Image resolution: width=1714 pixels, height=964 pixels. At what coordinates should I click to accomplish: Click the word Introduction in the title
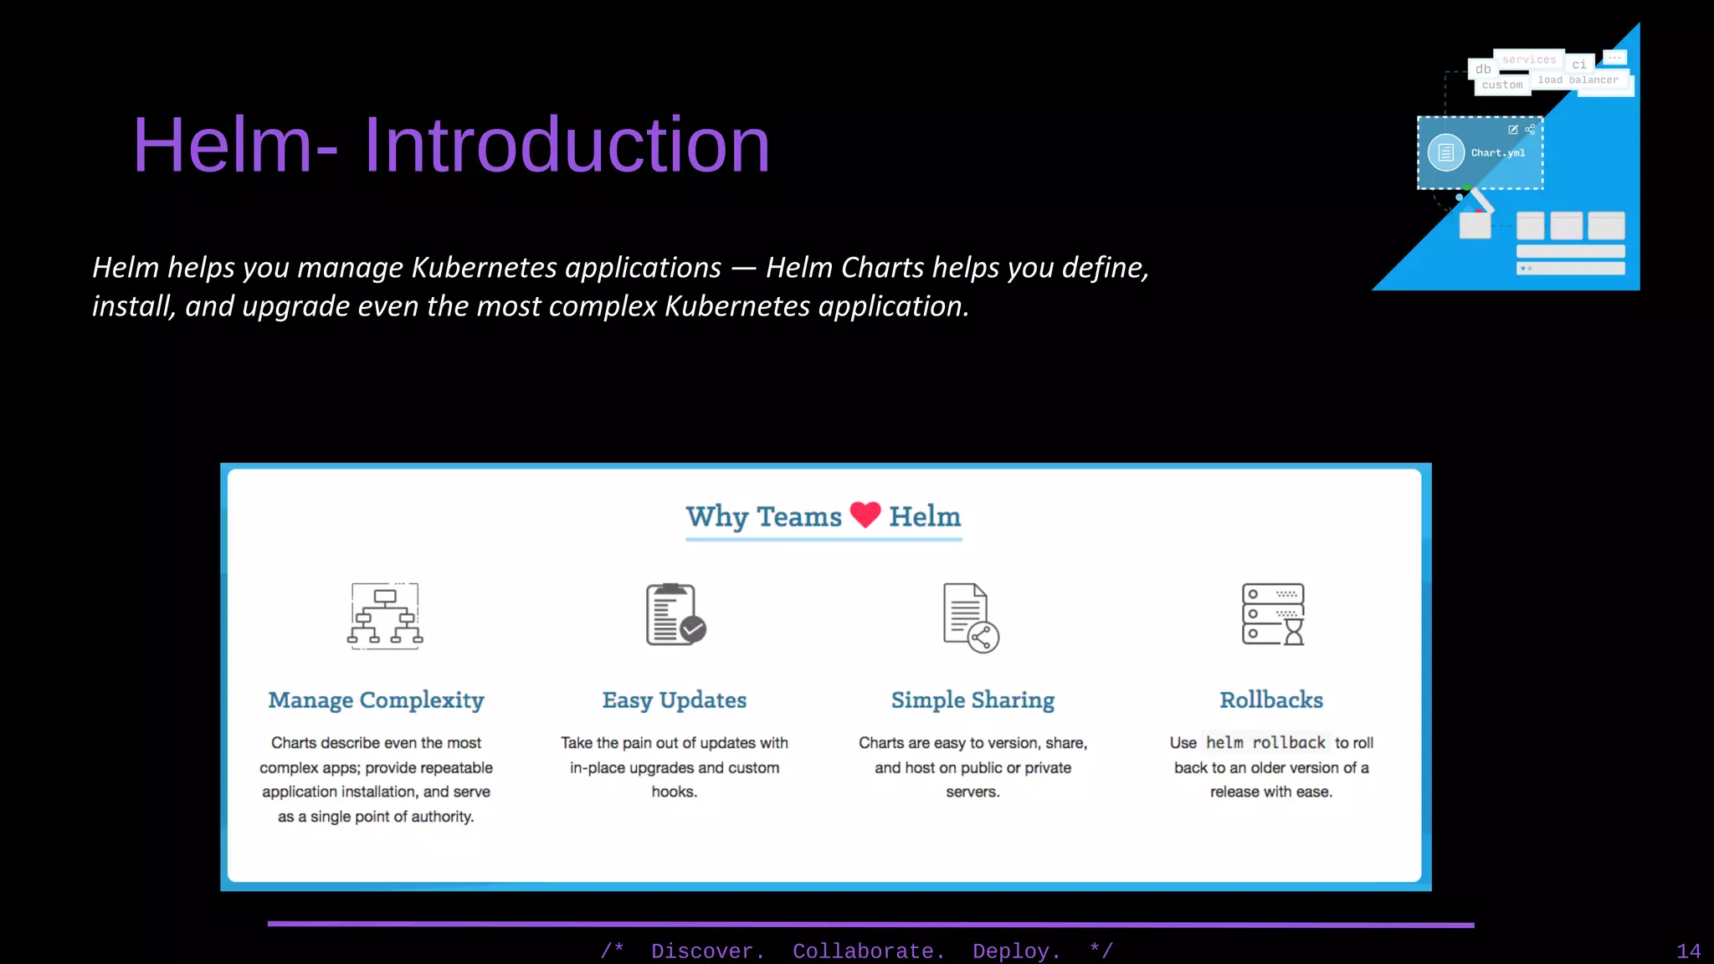pos(566,145)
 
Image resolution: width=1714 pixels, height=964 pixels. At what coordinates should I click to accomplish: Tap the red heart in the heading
pos(865,514)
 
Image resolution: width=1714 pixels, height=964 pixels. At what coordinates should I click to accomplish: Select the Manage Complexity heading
pos(376,700)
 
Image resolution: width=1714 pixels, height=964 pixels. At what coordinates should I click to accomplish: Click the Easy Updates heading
pos(675,700)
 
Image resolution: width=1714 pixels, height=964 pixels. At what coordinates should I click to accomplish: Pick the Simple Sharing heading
pos(972,700)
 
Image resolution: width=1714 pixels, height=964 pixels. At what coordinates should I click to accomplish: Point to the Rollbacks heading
pos(1270,700)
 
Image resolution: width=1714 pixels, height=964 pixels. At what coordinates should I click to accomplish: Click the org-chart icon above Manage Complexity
pos(385,616)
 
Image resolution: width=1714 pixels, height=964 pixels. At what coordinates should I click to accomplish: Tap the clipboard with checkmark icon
pos(675,614)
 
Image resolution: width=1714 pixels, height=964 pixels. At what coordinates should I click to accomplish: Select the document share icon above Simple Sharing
pos(971,618)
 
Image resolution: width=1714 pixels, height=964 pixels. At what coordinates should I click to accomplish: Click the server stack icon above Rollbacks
pos(1273,614)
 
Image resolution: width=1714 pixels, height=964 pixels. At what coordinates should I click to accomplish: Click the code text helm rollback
pos(1265,742)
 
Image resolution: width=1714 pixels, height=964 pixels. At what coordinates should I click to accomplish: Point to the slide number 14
pos(1688,951)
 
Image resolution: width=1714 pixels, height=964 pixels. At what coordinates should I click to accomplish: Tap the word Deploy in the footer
pos(1015,951)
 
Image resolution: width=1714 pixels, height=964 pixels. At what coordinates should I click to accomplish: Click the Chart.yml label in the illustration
pos(1498,153)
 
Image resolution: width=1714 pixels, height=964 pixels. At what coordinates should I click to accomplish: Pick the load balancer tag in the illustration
pos(1578,80)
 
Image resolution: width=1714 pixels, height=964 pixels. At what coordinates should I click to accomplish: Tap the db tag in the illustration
pos(1483,69)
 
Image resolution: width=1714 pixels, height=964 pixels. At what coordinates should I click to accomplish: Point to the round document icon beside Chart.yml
pos(1445,152)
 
